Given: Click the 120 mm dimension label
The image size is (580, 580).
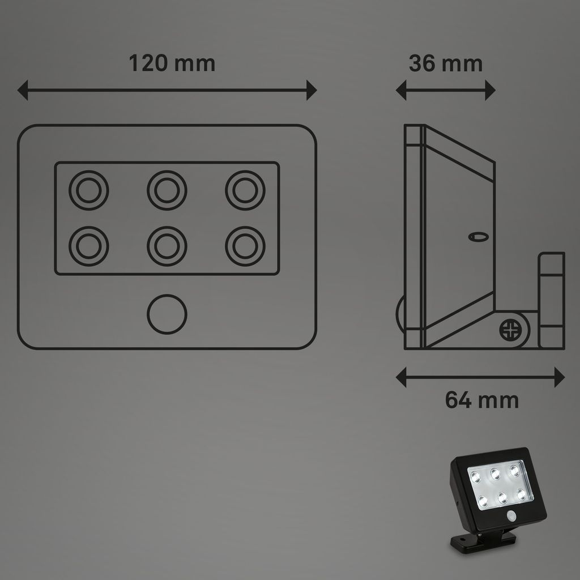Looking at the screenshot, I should [172, 63].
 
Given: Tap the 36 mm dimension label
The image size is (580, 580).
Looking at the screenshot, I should [446, 63].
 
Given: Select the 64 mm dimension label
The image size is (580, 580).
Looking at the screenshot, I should [481, 400].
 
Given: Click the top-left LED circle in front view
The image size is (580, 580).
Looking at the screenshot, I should [88, 190].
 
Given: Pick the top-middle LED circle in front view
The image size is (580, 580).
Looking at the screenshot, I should [167, 190].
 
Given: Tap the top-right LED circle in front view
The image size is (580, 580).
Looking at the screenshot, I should [245, 190].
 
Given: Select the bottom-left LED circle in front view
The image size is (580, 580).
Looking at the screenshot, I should [88, 246].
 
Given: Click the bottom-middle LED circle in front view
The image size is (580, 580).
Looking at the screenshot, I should [167, 246].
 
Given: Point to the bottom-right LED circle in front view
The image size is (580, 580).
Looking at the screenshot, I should [245, 246].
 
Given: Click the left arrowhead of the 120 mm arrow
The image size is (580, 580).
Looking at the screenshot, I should [23, 90].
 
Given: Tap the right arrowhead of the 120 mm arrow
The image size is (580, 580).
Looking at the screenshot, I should [311, 90].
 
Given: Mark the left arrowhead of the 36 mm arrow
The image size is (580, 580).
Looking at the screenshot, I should [400, 90].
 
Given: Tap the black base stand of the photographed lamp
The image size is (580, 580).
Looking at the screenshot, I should [481, 541].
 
